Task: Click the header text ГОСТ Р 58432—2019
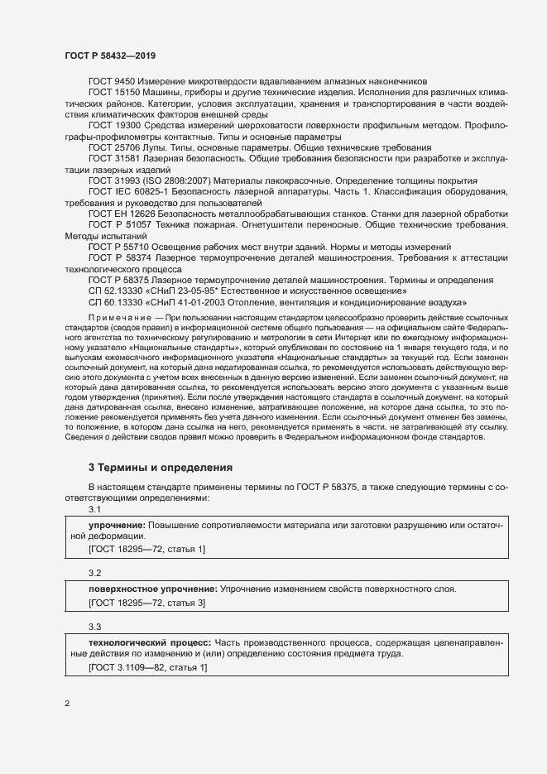[110, 55]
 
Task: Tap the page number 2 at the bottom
[67, 704]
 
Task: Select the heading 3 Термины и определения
[160, 468]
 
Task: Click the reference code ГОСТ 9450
[112, 81]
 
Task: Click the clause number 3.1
[94, 509]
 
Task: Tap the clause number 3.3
[94, 627]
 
